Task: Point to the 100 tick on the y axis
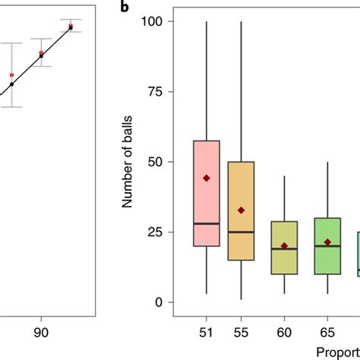pyautogui.click(x=153, y=21)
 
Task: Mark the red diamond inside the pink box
pyautogui.click(x=206, y=178)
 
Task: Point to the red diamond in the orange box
pyautogui.click(x=241, y=210)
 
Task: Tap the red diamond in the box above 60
pyautogui.click(x=284, y=246)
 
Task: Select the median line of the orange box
pyautogui.click(x=241, y=232)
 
